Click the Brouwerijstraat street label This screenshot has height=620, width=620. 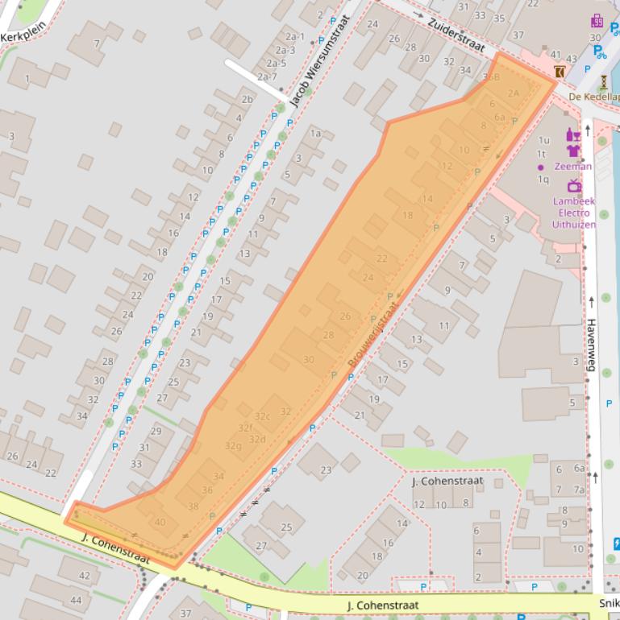click(372, 333)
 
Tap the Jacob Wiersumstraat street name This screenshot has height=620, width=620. click(321, 62)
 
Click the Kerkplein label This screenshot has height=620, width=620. click(22, 37)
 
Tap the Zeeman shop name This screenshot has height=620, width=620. click(572, 167)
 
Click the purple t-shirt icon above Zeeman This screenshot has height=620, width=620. click(573, 150)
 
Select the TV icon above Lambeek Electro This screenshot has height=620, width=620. click(573, 187)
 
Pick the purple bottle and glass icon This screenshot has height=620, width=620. click(573, 134)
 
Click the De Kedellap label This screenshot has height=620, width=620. click(594, 97)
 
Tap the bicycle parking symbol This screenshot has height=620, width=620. click(600, 52)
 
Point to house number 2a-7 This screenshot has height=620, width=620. click(268, 76)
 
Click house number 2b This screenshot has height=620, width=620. click(248, 99)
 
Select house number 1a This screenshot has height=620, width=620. click(316, 134)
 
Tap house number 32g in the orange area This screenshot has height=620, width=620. click(234, 445)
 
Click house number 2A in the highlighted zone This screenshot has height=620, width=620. click(514, 93)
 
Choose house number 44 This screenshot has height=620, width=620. click(76, 600)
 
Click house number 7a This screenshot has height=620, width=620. click(579, 490)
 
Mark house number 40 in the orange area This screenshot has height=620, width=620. click(160, 523)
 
